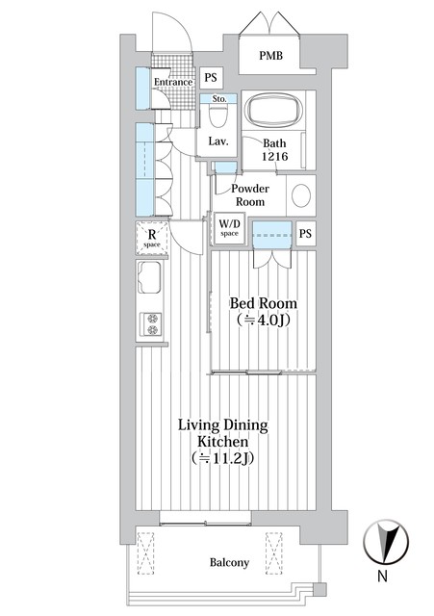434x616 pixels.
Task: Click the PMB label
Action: click(270, 56)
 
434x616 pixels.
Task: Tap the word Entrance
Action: click(173, 82)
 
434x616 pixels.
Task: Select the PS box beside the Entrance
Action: click(211, 77)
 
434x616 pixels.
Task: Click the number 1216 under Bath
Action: click(275, 156)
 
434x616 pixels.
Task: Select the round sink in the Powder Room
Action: click(301, 195)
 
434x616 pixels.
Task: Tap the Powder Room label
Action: click(250, 194)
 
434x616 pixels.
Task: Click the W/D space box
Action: click(229, 229)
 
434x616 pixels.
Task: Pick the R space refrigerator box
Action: click(152, 238)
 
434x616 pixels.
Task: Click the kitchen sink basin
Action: click(149, 277)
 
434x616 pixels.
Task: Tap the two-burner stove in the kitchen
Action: click(152, 323)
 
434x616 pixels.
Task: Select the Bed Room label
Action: click(263, 303)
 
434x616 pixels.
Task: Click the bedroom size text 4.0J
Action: click(264, 321)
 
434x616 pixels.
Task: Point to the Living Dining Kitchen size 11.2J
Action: click(222, 458)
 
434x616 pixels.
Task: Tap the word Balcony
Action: click(229, 562)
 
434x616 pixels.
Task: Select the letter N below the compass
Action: click(382, 576)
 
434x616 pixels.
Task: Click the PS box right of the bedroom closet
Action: click(306, 233)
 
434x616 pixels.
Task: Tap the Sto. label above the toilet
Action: click(219, 99)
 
